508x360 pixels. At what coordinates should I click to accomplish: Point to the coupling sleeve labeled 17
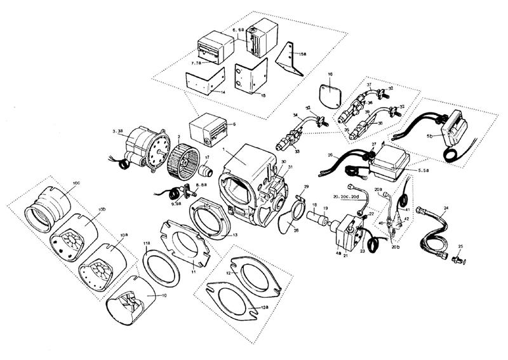coord(204,171)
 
